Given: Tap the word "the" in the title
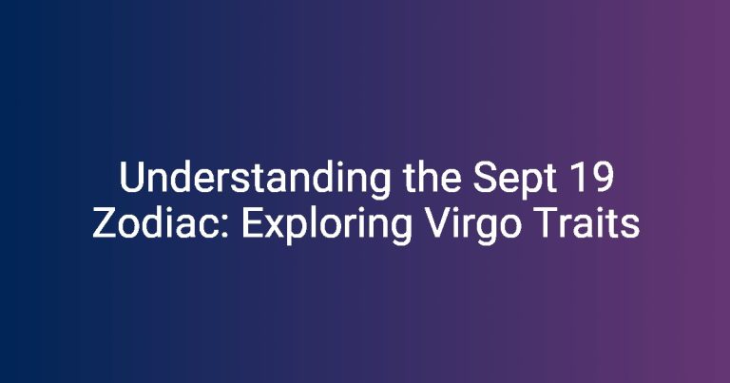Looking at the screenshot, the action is [432, 177].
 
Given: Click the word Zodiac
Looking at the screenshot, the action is [161, 223].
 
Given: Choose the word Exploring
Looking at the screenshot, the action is [327, 225].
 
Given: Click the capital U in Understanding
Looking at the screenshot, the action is [132, 178].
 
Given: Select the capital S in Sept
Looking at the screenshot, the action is [485, 178].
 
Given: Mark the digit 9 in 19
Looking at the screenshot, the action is [603, 178].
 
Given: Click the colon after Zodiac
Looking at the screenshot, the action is [225, 227].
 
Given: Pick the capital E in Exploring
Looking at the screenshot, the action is [253, 223].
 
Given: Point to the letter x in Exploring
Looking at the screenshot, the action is [276, 227].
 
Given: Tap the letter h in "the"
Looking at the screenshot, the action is [427, 177].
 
